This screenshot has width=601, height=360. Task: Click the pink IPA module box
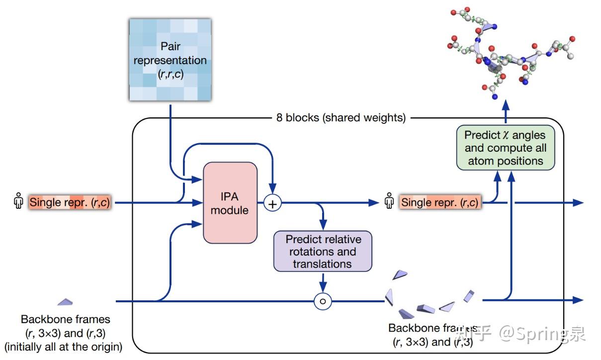(230, 203)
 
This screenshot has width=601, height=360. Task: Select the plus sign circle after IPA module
(272, 203)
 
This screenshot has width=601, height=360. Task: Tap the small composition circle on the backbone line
(323, 301)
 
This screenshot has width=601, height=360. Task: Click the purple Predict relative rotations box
(322, 251)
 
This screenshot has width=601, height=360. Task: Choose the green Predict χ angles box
(505, 148)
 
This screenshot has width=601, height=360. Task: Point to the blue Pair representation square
(170, 60)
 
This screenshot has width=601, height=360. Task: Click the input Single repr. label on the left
(70, 202)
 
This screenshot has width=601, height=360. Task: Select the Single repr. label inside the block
(439, 202)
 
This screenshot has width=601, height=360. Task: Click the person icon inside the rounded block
(389, 202)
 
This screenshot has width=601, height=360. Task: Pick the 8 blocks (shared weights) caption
(341, 118)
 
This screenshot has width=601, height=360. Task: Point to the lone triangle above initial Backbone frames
(65, 301)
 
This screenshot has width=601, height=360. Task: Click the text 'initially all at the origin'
(63, 346)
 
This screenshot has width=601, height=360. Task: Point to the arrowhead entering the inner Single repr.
(373, 202)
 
